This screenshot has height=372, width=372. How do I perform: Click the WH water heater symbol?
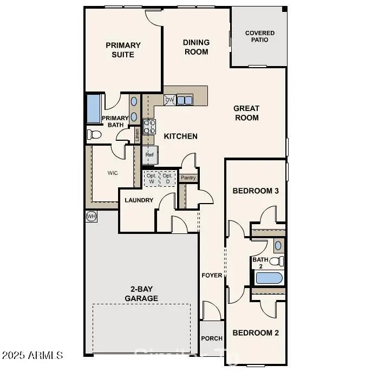pos(91,216)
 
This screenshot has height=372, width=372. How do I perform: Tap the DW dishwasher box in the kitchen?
pos(169,100)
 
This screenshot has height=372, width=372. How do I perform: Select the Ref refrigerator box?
pos(149,155)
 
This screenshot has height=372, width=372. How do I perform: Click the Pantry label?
pos(188,177)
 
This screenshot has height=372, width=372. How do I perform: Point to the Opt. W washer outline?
pos(151,178)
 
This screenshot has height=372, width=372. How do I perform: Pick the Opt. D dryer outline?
pos(168,178)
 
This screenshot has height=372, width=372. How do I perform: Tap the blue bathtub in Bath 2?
pos(269,278)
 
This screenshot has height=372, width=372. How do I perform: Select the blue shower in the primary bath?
pos(93,109)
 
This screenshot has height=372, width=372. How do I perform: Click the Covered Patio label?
pos(259,36)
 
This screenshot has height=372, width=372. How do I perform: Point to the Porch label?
pos(212,338)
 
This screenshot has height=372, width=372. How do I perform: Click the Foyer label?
pos(212,275)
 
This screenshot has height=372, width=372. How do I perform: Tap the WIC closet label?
pos(113,173)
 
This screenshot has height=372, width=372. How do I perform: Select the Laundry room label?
pos(139,200)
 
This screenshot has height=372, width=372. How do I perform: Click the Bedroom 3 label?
pos(256,191)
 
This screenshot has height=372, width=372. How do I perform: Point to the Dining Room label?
pos(196,47)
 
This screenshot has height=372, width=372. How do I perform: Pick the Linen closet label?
pos(137,135)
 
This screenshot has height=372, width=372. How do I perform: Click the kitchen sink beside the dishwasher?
pos(185,100)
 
